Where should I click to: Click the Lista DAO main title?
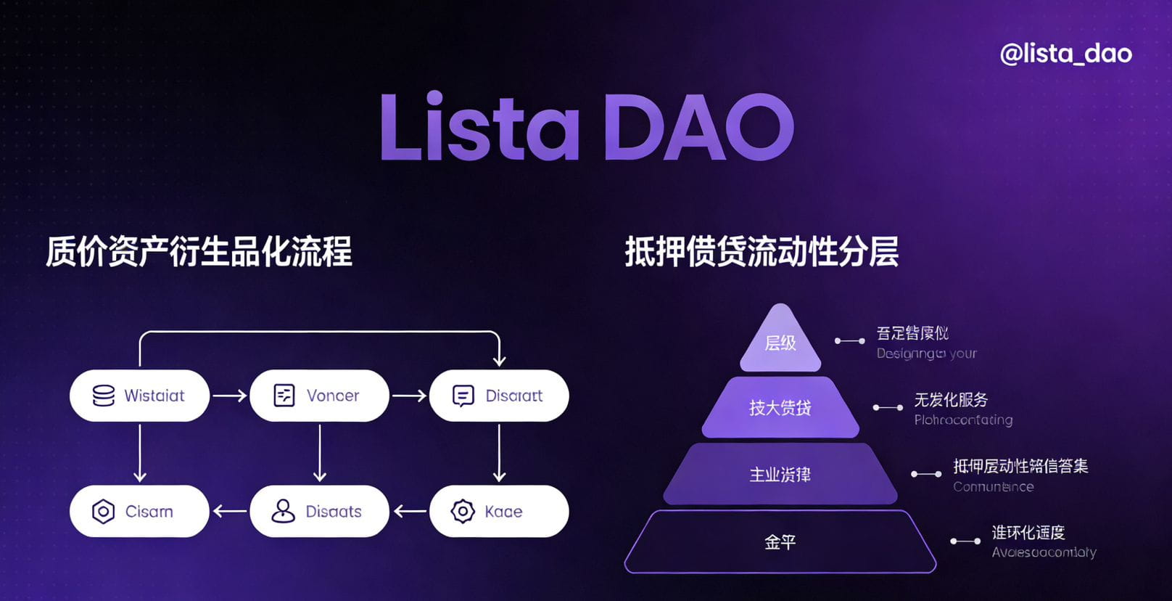[587, 126]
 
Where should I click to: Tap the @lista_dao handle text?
[1065, 53]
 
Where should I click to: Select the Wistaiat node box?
[139, 396]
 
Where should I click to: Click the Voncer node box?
[319, 396]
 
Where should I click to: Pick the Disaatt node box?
[499, 396]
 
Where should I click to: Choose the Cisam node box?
[139, 511]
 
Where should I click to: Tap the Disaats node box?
[319, 511]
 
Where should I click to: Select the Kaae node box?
[499, 511]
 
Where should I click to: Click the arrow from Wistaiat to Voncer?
[229, 396]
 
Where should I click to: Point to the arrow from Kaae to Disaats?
[410, 511]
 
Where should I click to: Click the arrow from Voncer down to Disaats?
[319, 453]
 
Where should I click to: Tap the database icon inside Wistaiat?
[104, 396]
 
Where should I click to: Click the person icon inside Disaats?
[283, 511]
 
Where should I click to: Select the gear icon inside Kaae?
[463, 511]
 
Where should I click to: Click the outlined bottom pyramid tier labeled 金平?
[780, 541]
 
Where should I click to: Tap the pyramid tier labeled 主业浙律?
[780, 475]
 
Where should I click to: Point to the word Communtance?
[993, 486]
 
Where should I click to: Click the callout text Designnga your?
[926, 353]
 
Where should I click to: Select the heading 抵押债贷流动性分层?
[762, 252]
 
